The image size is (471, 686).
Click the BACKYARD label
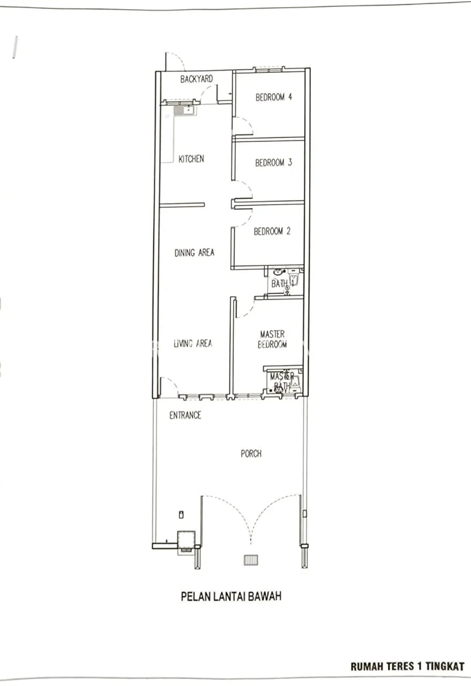tap(196, 79)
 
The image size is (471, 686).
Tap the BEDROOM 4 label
tap(274, 97)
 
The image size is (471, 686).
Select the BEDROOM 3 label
tap(274, 162)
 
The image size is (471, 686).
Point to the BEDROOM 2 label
tap(272, 231)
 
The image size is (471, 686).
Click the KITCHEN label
tap(191, 159)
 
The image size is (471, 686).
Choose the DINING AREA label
tap(195, 252)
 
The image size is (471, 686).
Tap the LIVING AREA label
tap(193, 344)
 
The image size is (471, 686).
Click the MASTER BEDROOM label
tap(272, 339)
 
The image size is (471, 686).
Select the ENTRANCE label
tap(185, 415)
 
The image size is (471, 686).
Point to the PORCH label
tap(251, 453)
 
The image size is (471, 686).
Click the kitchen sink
tap(185, 110)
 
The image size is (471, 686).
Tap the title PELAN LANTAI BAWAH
tap(231, 596)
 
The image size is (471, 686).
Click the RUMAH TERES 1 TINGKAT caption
tap(407, 667)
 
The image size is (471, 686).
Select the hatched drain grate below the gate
tap(251, 560)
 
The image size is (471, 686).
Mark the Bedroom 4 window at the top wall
tap(268, 70)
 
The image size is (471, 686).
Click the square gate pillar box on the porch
tap(186, 540)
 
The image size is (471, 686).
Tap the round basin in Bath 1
tap(278, 272)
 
